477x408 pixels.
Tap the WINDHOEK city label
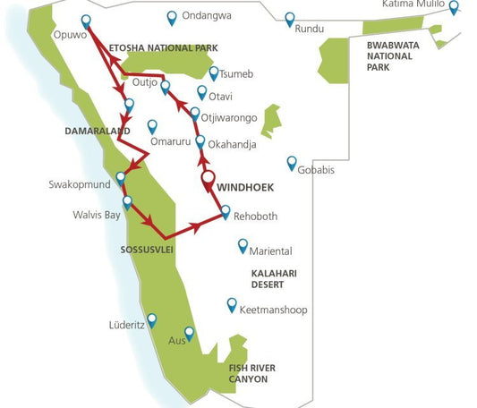pyautogui.click(x=244, y=189)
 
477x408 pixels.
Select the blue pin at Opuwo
pyautogui.click(x=86, y=21)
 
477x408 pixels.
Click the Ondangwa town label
pyautogui.click(x=206, y=16)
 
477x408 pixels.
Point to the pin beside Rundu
pyautogui.click(x=289, y=18)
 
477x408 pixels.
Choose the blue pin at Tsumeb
pyautogui.click(x=213, y=73)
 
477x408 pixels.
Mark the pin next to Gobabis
pyautogui.click(x=291, y=162)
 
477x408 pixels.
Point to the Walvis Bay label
pyautogui.click(x=97, y=215)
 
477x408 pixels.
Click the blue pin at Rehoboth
pyautogui.click(x=226, y=211)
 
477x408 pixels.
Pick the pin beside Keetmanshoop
pyautogui.click(x=232, y=304)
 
